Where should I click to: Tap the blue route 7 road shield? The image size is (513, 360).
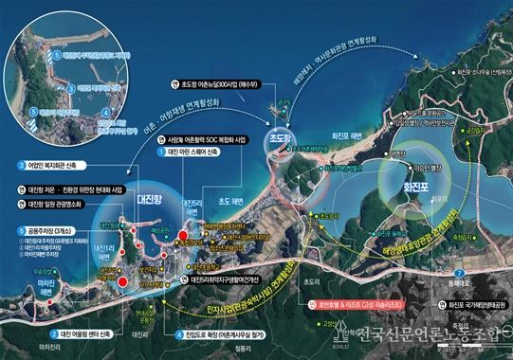pyautogui.click(x=458, y=272)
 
